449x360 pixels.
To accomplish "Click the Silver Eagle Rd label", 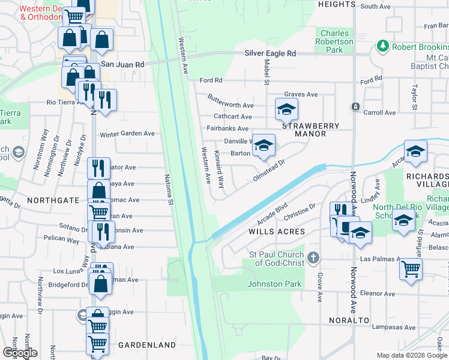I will pos(270,53).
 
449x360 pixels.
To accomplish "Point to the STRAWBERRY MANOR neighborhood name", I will pos(310,130).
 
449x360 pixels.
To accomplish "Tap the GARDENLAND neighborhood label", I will pos(146,345).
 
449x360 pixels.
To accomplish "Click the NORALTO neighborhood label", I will pos(349,320).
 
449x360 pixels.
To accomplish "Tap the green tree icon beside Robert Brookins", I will pos(382,46).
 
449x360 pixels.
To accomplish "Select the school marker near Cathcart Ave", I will pos(286,109).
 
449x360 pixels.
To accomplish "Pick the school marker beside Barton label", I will pos(263,146).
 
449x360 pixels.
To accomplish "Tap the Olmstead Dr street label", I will pos(276,170).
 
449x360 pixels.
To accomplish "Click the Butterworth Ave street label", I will pos(231,100).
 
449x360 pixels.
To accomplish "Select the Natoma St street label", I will pos(170,189).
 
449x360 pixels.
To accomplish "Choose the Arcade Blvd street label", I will pos(274,214).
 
